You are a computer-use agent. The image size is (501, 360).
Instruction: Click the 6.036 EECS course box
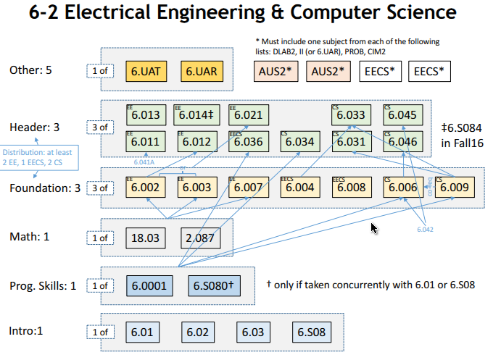tap(249, 141)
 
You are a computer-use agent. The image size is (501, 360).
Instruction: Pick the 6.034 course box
tap(299, 141)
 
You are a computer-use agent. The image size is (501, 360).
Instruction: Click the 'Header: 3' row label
tap(34, 127)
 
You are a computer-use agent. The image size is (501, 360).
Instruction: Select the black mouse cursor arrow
tap(374, 229)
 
